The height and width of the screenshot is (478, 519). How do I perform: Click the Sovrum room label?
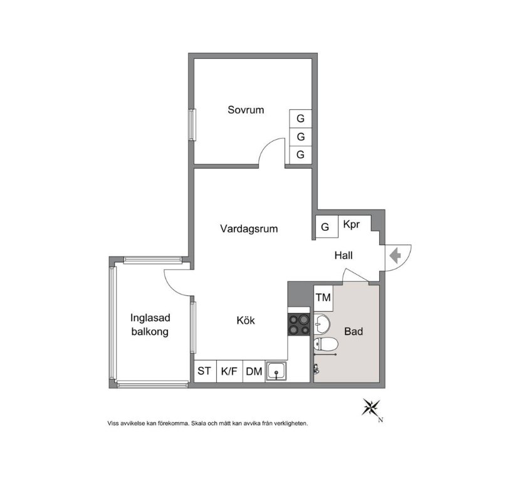pos(246,110)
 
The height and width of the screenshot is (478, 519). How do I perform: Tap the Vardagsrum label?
pos(249,228)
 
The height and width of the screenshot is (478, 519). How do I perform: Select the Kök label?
pos(246,321)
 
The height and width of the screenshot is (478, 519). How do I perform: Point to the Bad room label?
pos(354,331)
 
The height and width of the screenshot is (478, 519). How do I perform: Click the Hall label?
pos(343,255)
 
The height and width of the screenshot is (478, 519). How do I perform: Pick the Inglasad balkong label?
pos(150,325)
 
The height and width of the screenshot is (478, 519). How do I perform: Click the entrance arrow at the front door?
pos(396,256)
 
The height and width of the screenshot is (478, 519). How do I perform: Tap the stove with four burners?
pos(299,325)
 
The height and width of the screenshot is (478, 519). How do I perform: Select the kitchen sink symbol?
pos(276,371)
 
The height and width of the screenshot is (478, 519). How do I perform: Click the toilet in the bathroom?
pos(325,344)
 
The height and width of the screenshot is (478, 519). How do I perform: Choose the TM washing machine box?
pos(323,298)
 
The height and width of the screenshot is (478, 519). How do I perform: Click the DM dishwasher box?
pos(254,371)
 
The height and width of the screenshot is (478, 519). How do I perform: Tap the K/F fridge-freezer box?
pos(229,371)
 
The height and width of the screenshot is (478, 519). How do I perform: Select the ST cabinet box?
pos(205,371)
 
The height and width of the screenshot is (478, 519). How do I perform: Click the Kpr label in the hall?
pos(351,225)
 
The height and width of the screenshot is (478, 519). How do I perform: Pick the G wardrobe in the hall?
pos(325,226)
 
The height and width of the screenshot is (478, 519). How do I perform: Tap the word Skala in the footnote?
pos(199,423)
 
